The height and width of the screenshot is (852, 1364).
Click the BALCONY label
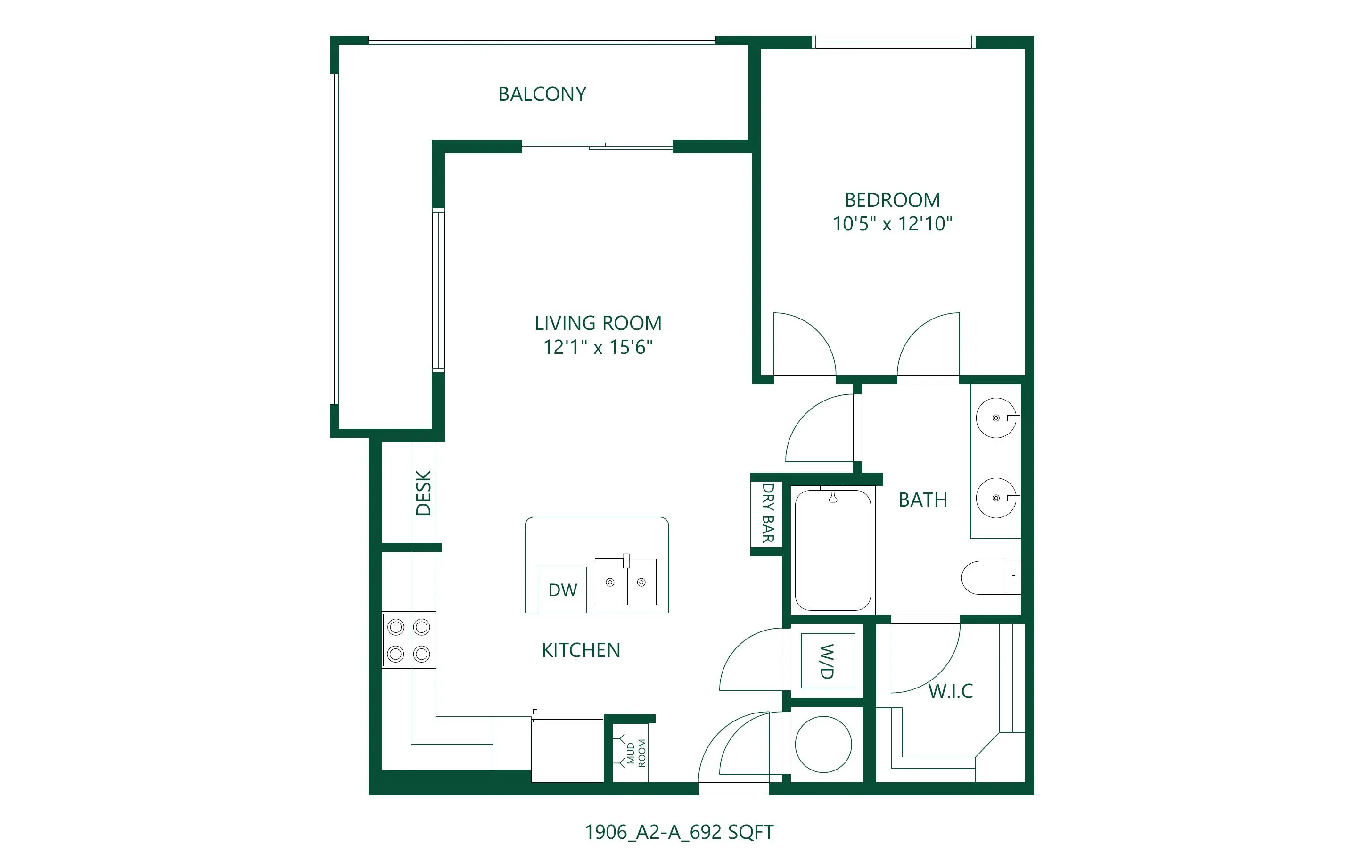pos(542,94)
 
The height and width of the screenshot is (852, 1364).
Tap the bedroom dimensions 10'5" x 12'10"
pos(892,224)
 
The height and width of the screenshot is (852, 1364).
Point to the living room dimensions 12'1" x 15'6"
pos(598,347)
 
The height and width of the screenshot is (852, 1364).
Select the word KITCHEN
pos(581,650)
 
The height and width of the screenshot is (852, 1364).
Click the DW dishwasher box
pos(562,590)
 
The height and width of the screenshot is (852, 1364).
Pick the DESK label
pos(424,493)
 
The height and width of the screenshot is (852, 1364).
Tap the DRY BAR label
pos(768,513)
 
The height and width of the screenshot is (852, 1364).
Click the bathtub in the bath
pos(833,550)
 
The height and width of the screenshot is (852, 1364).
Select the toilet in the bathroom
pos(990,578)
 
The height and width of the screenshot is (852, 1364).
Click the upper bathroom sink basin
pos(996,418)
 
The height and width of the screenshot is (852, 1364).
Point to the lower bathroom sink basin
pos(996,498)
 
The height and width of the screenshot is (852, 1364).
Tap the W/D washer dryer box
pos(828,660)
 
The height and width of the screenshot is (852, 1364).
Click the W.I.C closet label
pos(951,691)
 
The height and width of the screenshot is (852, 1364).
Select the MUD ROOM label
pos(636,754)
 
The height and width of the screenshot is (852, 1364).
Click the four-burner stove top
pos(409,640)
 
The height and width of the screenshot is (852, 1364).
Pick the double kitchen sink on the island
pos(625,582)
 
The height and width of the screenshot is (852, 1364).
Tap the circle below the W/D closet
pos(823,745)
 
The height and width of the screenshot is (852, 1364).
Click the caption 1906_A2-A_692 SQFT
pos(679,832)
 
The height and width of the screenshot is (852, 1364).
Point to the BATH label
pos(923,500)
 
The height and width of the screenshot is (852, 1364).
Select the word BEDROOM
pos(892,200)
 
